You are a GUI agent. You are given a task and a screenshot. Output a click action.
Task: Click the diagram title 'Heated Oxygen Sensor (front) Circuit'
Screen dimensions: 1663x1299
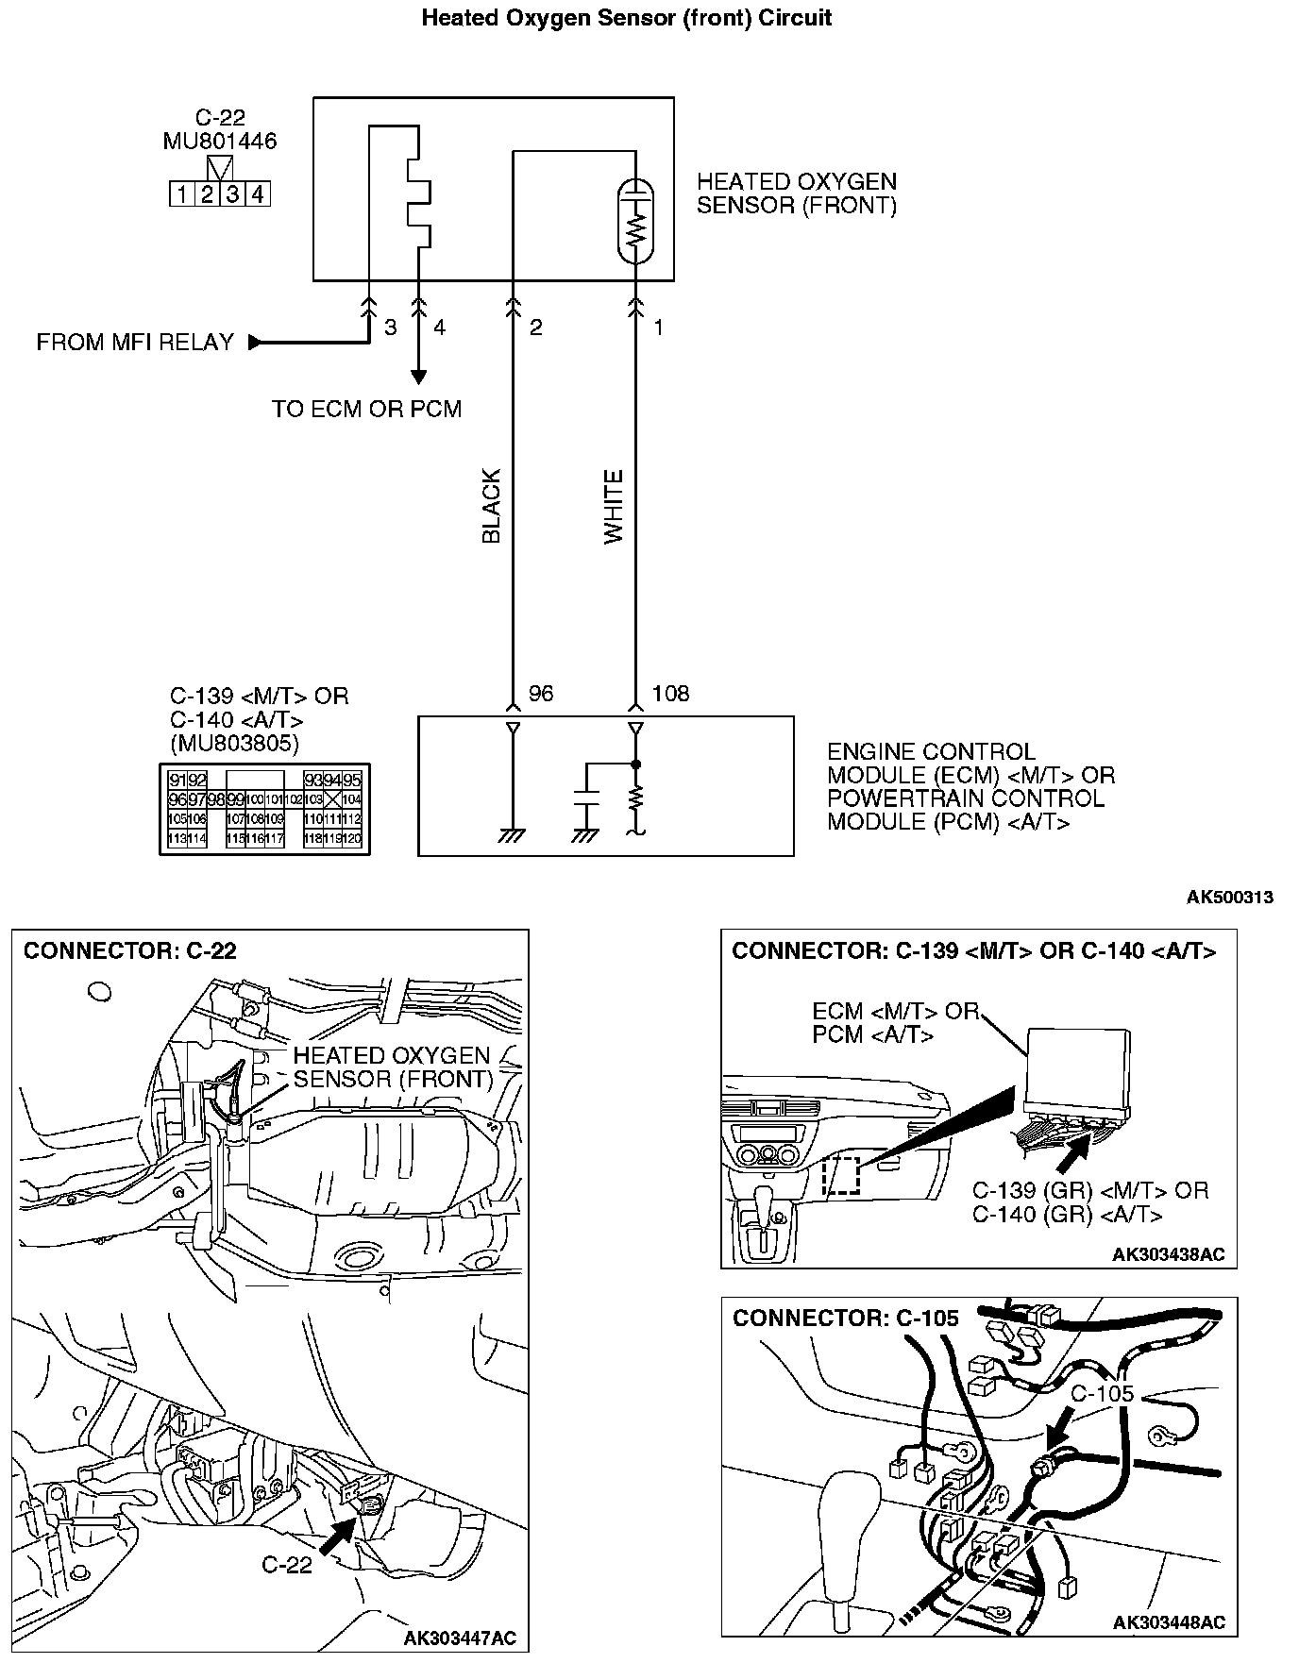[x=626, y=18]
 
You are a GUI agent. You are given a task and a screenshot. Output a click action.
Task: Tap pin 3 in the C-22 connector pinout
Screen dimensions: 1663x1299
[x=232, y=195]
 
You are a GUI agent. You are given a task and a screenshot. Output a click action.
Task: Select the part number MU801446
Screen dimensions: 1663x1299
[x=220, y=142]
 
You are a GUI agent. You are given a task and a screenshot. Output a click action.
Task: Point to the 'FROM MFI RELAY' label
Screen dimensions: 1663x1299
[x=135, y=343]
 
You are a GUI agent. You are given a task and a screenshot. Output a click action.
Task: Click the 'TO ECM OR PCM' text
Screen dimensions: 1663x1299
[x=367, y=410]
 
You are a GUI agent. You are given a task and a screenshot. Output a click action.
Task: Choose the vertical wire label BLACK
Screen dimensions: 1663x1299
[x=492, y=506]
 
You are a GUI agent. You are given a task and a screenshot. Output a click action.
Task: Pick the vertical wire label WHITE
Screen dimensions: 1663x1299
[x=615, y=506]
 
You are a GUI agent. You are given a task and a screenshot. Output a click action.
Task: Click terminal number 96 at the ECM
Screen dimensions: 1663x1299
[x=541, y=694]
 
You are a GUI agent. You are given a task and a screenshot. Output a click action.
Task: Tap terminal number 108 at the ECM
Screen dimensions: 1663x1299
[x=670, y=694]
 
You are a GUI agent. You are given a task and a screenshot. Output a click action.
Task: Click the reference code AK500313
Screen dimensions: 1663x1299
[x=1229, y=898]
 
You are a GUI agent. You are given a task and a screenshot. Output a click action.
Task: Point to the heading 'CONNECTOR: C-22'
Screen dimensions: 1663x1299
[x=130, y=950]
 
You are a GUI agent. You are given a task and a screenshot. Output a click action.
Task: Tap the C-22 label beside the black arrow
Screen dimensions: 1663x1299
[x=286, y=1565]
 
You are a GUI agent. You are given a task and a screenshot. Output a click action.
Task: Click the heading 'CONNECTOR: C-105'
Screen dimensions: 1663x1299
[x=845, y=1319]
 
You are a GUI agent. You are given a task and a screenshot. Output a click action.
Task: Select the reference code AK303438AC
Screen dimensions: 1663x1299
[x=1168, y=1254]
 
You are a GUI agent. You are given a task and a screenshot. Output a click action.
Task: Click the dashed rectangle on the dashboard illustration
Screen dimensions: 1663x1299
[x=841, y=1175]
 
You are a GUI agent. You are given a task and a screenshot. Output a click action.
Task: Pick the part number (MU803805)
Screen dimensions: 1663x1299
[x=234, y=744]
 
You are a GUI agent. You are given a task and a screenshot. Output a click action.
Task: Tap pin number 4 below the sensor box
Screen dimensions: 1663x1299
[x=439, y=328]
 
